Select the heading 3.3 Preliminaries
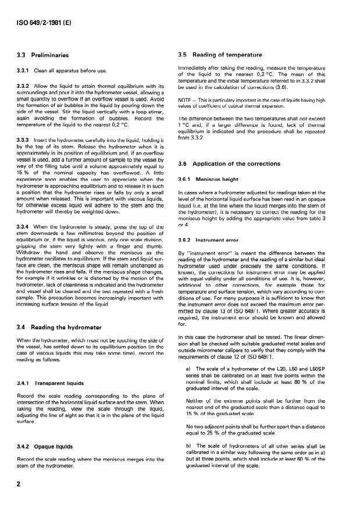[x=44, y=56]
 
